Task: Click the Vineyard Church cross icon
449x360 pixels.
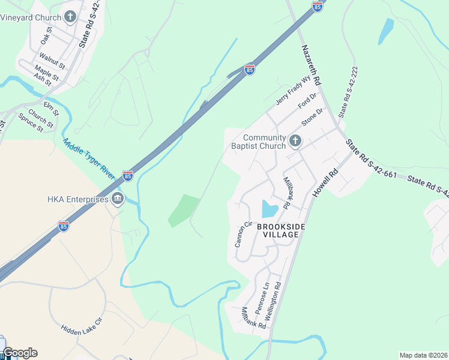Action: pyautogui.click(x=70, y=17)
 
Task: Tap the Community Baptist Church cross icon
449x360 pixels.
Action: pyautogui.click(x=295, y=141)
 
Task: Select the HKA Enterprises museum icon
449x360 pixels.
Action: pyautogui.click(x=118, y=199)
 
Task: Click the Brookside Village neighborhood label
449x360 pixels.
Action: pyautogui.click(x=278, y=230)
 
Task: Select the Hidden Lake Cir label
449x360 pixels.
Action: pyautogui.click(x=82, y=337)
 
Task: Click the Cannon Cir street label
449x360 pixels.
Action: pyautogui.click(x=241, y=234)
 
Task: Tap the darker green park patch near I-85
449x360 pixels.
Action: pyautogui.click(x=184, y=210)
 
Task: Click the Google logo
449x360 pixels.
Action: pyautogui.click(x=20, y=353)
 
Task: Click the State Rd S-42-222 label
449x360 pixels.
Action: pyautogui.click(x=348, y=91)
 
